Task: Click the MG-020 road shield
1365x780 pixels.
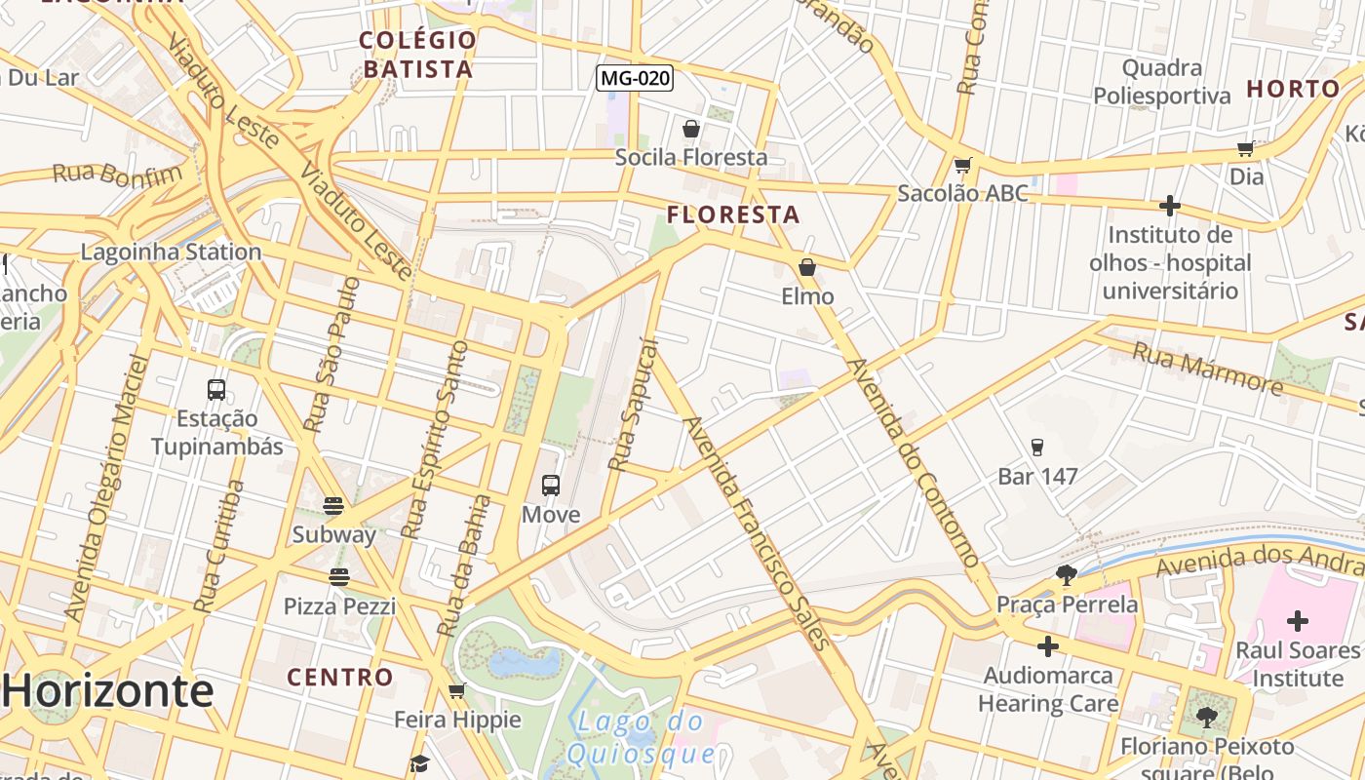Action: [x=635, y=78]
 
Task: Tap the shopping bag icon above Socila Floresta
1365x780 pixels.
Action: [x=691, y=129]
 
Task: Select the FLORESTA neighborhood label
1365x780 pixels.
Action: [x=733, y=214]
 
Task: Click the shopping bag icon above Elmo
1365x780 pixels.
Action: [x=807, y=267]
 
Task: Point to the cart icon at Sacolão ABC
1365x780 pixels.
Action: [x=963, y=166]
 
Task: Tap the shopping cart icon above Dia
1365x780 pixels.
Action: [x=1245, y=149]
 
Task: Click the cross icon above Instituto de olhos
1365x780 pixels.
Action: [x=1170, y=206]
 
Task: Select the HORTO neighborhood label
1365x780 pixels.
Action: [x=1293, y=89]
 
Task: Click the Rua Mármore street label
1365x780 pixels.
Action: [x=1207, y=368]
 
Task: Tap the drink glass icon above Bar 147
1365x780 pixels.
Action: [x=1037, y=448]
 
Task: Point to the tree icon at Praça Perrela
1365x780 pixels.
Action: [x=1067, y=575]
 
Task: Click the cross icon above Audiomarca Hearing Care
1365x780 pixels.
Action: [x=1048, y=646]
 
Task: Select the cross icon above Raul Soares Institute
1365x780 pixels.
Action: [x=1297, y=620]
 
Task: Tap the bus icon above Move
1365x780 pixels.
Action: [x=551, y=486]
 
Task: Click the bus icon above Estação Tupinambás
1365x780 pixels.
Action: [x=216, y=390]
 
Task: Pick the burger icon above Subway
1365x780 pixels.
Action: [x=333, y=506]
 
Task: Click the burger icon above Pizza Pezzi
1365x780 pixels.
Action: [x=339, y=577]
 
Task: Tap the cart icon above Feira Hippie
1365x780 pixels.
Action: [x=456, y=691]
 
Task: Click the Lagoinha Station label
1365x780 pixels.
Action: [x=171, y=252]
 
